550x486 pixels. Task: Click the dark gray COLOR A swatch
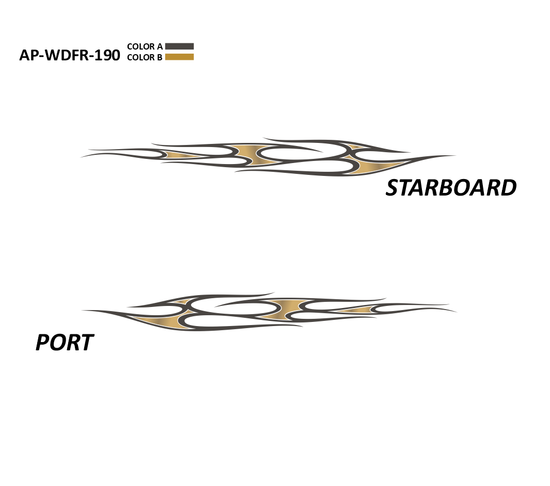pyautogui.click(x=179, y=46)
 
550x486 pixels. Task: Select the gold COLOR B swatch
pyautogui.click(x=179, y=57)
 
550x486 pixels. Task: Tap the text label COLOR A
pyautogui.click(x=145, y=46)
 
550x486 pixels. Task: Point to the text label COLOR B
pyautogui.click(x=145, y=57)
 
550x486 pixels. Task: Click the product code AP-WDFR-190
pyautogui.click(x=69, y=55)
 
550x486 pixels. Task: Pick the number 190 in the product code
pyautogui.click(x=107, y=55)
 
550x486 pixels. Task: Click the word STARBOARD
pyautogui.click(x=451, y=188)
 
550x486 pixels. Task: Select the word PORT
pyautogui.click(x=65, y=343)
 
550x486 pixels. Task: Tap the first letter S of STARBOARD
pyautogui.click(x=392, y=188)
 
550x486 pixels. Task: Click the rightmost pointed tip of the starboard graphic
pyautogui.click(x=455, y=156)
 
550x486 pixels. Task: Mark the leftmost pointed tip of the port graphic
pyautogui.click(x=82, y=310)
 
